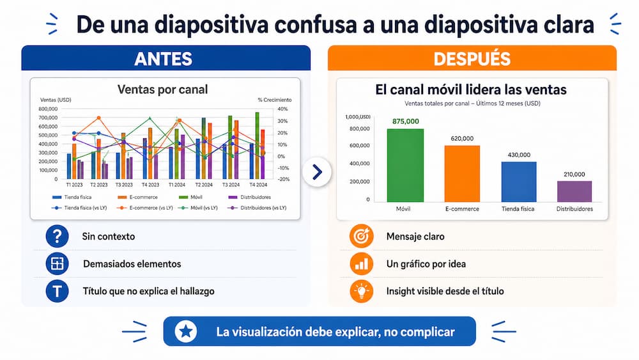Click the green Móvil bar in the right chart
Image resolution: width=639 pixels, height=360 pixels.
(405, 165)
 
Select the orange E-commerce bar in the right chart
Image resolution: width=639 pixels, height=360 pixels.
(462, 173)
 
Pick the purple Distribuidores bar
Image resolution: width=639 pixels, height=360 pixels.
(574, 191)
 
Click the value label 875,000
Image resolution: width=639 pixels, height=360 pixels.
(406, 121)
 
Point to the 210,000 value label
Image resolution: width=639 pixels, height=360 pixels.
(574, 174)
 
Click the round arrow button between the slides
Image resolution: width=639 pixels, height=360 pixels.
(317, 171)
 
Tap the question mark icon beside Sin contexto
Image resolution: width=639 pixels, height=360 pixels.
(58, 237)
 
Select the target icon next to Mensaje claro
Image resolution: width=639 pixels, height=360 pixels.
(362, 237)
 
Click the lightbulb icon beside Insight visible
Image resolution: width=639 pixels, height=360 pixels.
(362, 291)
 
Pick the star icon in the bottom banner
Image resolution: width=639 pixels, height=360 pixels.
(186, 331)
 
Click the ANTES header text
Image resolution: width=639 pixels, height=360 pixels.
(163, 59)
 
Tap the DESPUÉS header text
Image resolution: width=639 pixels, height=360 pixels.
(472, 59)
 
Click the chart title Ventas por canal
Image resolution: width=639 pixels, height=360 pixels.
(163, 90)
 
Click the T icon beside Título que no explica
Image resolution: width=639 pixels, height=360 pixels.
(58, 291)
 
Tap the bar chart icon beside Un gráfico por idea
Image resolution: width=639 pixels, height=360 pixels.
(362, 263)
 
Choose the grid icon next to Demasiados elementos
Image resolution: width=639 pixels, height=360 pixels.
(58, 263)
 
